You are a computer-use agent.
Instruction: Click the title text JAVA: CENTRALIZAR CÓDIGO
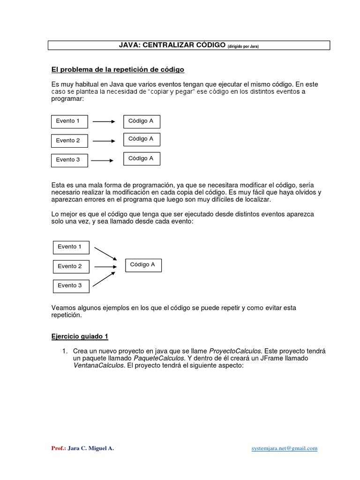(x=172, y=45)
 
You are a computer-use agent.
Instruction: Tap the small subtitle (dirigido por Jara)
(x=243, y=46)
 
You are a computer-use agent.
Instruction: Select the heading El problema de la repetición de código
(x=118, y=70)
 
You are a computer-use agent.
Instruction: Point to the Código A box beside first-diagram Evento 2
(x=142, y=139)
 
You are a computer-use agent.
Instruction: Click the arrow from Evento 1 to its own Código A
(x=104, y=121)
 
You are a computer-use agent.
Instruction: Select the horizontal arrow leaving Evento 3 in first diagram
(x=102, y=160)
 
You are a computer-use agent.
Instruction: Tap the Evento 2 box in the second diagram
(x=71, y=266)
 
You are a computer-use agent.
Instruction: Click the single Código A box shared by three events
(x=143, y=265)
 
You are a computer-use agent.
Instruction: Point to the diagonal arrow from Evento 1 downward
(x=105, y=253)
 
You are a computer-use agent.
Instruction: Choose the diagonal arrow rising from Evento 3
(x=105, y=279)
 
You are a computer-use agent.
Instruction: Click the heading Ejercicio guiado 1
(x=80, y=337)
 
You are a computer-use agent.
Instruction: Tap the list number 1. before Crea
(x=66, y=351)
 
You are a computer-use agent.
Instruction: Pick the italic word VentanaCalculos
(x=99, y=365)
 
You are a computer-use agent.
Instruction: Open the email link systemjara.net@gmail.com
(x=285, y=448)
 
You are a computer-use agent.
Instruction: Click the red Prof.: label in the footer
(x=58, y=448)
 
